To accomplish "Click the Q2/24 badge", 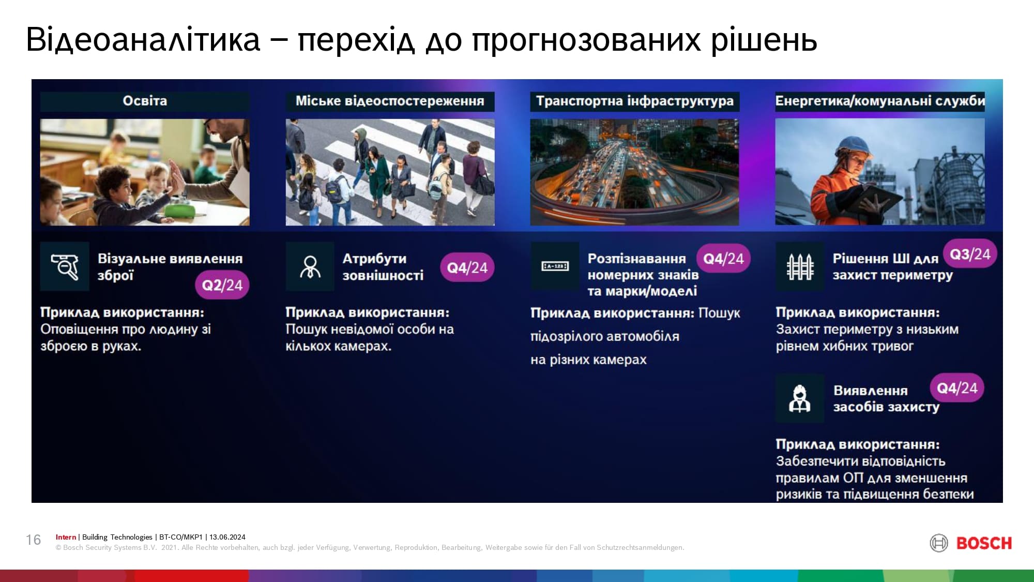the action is tap(222, 285).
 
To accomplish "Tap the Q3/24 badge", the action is tap(970, 254).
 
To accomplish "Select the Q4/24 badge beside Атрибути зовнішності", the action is tap(467, 267).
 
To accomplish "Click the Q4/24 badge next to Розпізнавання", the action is tap(723, 258).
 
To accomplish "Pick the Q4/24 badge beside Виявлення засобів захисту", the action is tap(957, 387).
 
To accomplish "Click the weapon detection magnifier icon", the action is tap(65, 266).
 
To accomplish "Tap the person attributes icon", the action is tap(310, 266).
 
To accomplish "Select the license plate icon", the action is tap(555, 266).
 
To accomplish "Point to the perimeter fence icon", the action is tap(800, 266).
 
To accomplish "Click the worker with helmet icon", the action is tap(799, 398).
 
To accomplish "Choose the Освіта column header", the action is tap(145, 101).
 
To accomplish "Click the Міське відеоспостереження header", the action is tap(390, 101).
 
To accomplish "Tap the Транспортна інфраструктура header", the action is tap(635, 101).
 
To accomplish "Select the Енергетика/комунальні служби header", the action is tap(880, 101).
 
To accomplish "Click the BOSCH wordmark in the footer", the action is tap(984, 543).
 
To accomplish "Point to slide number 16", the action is tap(34, 540).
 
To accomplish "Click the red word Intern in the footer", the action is tap(66, 537).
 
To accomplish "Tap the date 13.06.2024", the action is tap(227, 537).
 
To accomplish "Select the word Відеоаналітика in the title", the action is tap(143, 39).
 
